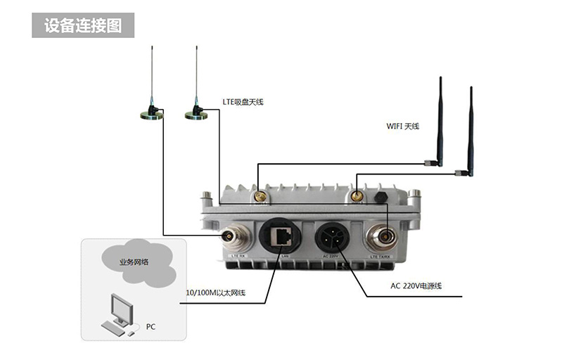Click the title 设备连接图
tap(83, 26)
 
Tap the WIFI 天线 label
tap(402, 126)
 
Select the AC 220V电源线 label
tap(421, 286)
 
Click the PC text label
tap(151, 327)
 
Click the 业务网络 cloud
tap(134, 262)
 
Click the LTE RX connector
tap(235, 236)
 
